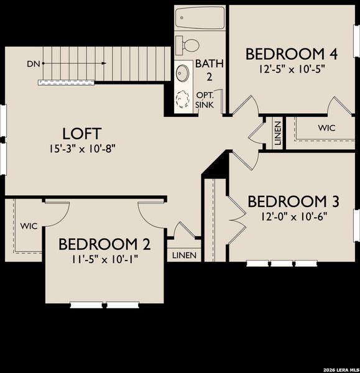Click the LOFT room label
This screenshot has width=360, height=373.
(x=82, y=133)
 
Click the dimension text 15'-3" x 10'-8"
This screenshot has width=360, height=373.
(x=82, y=149)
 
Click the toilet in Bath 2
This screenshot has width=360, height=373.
(x=188, y=44)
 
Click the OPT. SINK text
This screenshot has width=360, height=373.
(x=205, y=99)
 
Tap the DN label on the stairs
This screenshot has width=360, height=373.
(x=33, y=64)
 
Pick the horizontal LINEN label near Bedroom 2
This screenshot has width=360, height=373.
(x=184, y=256)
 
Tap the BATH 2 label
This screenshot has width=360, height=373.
(x=205, y=70)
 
